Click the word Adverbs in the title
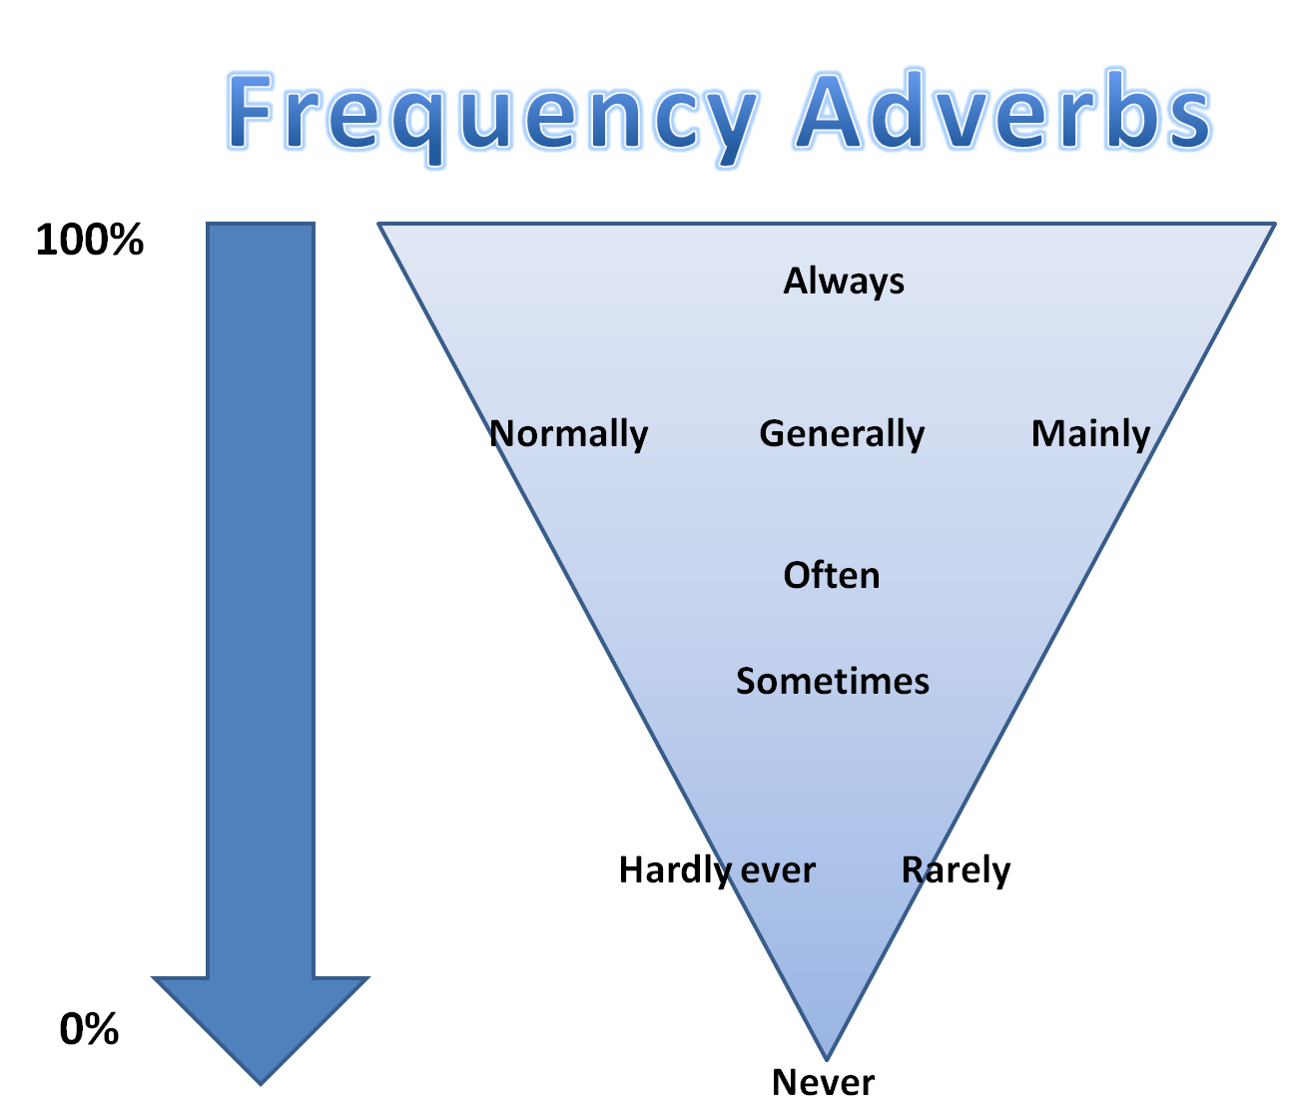[1002, 112]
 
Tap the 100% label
[90, 241]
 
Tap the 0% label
[89, 1029]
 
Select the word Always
[844, 281]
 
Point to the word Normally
[568, 434]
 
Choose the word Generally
[842, 434]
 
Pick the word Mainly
[1090, 434]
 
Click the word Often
[831, 576]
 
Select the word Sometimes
[833, 682]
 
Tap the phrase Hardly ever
[717, 870]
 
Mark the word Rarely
[956, 870]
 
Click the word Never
[823, 1082]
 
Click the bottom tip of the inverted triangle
[826, 1056]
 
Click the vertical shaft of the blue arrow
[261, 599]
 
